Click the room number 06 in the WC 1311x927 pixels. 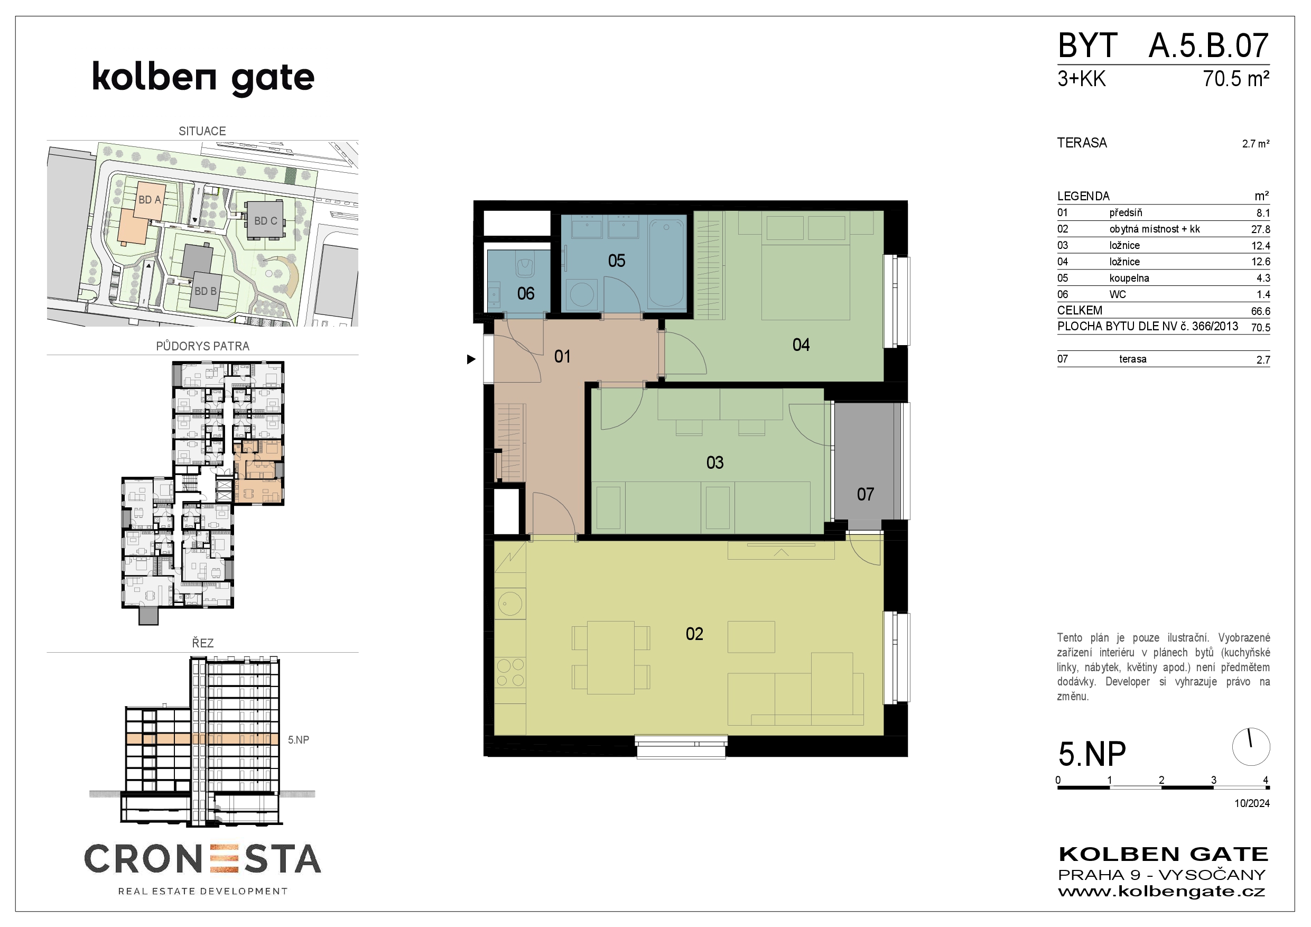point(525,293)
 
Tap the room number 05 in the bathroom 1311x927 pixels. point(616,261)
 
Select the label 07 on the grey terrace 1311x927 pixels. point(865,494)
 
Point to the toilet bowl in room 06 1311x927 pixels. point(524,264)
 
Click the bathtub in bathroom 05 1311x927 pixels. point(666,263)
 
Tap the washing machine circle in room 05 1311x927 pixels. point(582,295)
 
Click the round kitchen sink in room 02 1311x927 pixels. point(509,604)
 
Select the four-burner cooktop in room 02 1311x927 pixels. point(510,672)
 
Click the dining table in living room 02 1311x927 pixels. point(610,657)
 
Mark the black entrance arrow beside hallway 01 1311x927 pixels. point(471,359)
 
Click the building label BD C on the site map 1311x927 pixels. point(265,221)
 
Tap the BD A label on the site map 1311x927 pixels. point(150,200)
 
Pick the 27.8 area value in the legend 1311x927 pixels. point(1260,229)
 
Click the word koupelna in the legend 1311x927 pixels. point(1129,279)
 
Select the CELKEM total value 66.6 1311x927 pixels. point(1260,311)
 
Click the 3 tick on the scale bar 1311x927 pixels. point(1213,780)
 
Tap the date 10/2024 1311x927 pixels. point(1252,803)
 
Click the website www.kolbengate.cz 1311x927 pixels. point(1161,892)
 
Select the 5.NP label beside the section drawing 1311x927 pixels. point(298,740)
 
